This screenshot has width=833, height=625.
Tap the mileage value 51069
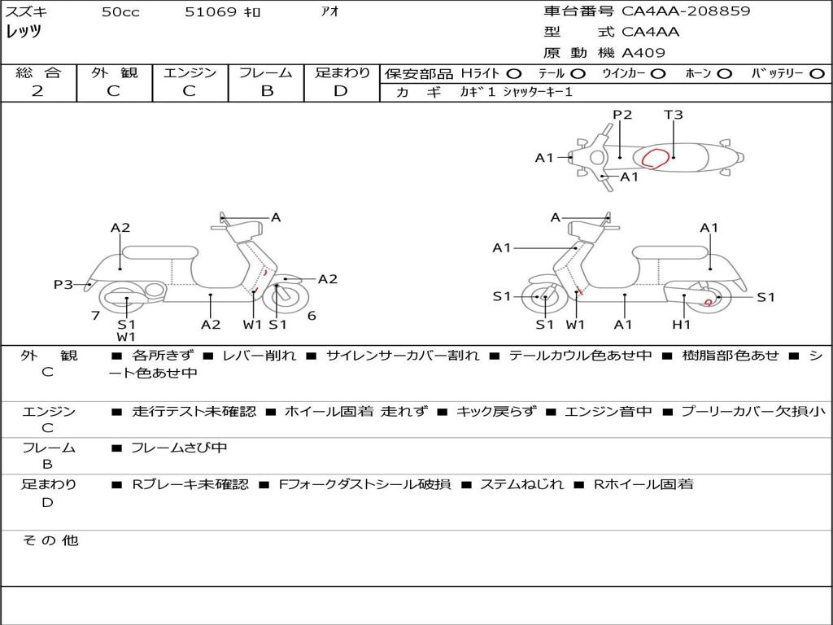[210, 12]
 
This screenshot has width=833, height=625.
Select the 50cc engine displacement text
[120, 12]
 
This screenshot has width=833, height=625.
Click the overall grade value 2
[37, 91]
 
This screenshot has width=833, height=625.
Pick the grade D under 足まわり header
[341, 91]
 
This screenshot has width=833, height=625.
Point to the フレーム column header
[266, 73]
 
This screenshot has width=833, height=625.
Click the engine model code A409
[643, 53]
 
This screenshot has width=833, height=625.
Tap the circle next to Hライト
[514, 73]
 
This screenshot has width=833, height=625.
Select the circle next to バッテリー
[817, 73]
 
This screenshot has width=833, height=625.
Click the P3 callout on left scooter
[63, 284]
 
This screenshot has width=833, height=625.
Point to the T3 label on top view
[673, 115]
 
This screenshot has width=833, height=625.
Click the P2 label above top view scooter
[622, 115]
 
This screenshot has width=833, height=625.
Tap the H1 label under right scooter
[681, 325]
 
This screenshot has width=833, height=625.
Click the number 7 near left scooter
[95, 315]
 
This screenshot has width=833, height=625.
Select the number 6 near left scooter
[312, 315]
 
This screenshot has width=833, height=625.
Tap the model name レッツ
[24, 32]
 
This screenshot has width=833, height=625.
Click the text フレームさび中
[179, 448]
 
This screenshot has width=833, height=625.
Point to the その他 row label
[50, 540]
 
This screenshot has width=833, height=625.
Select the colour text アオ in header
[330, 12]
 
